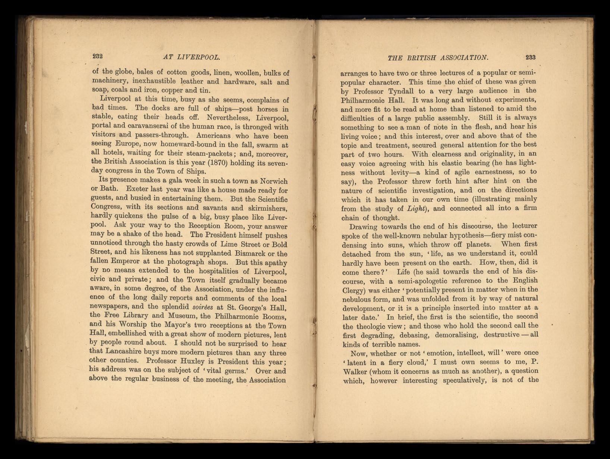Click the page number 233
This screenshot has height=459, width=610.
click(x=530, y=57)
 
